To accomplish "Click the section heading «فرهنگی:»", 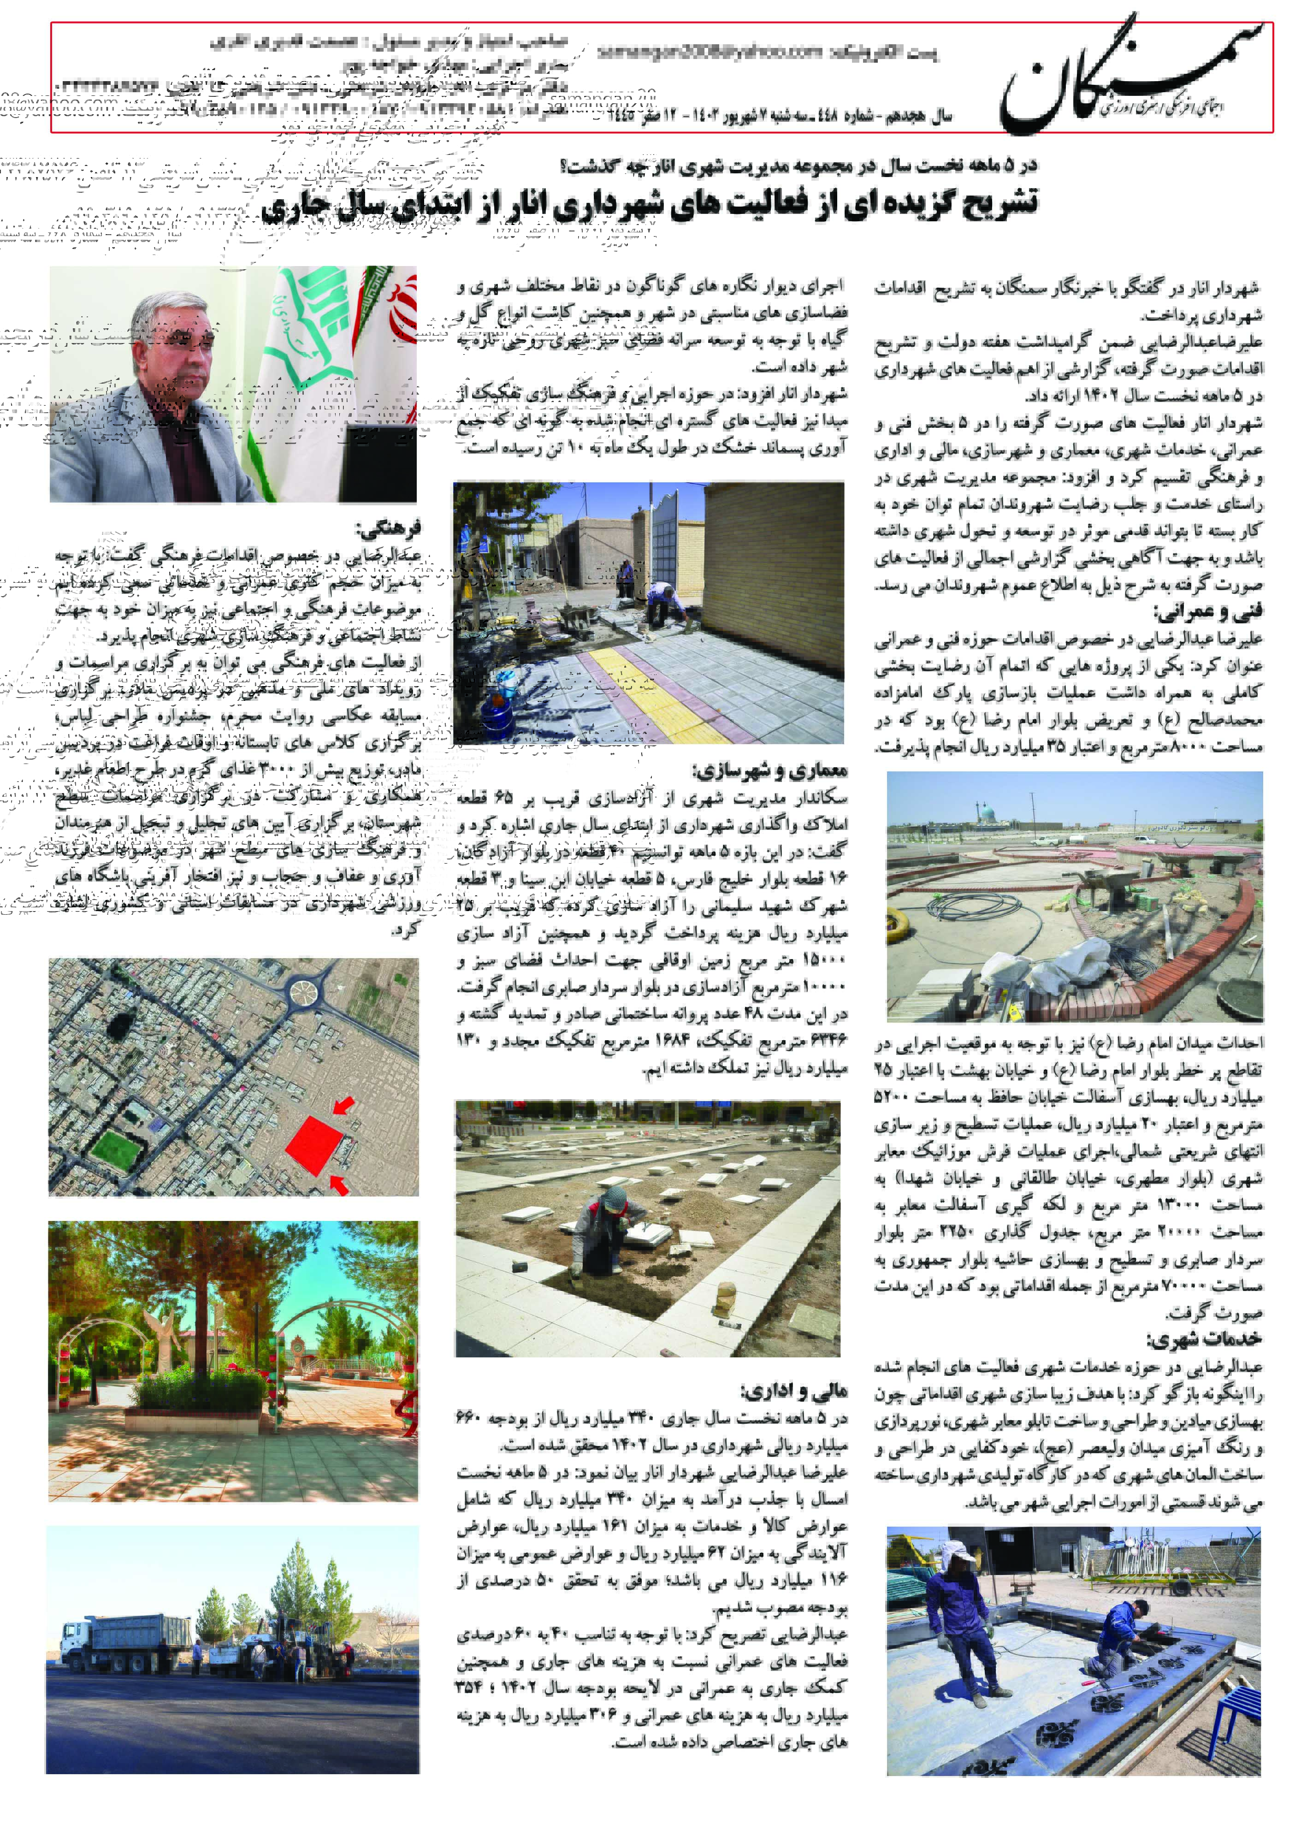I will click(388, 529).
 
